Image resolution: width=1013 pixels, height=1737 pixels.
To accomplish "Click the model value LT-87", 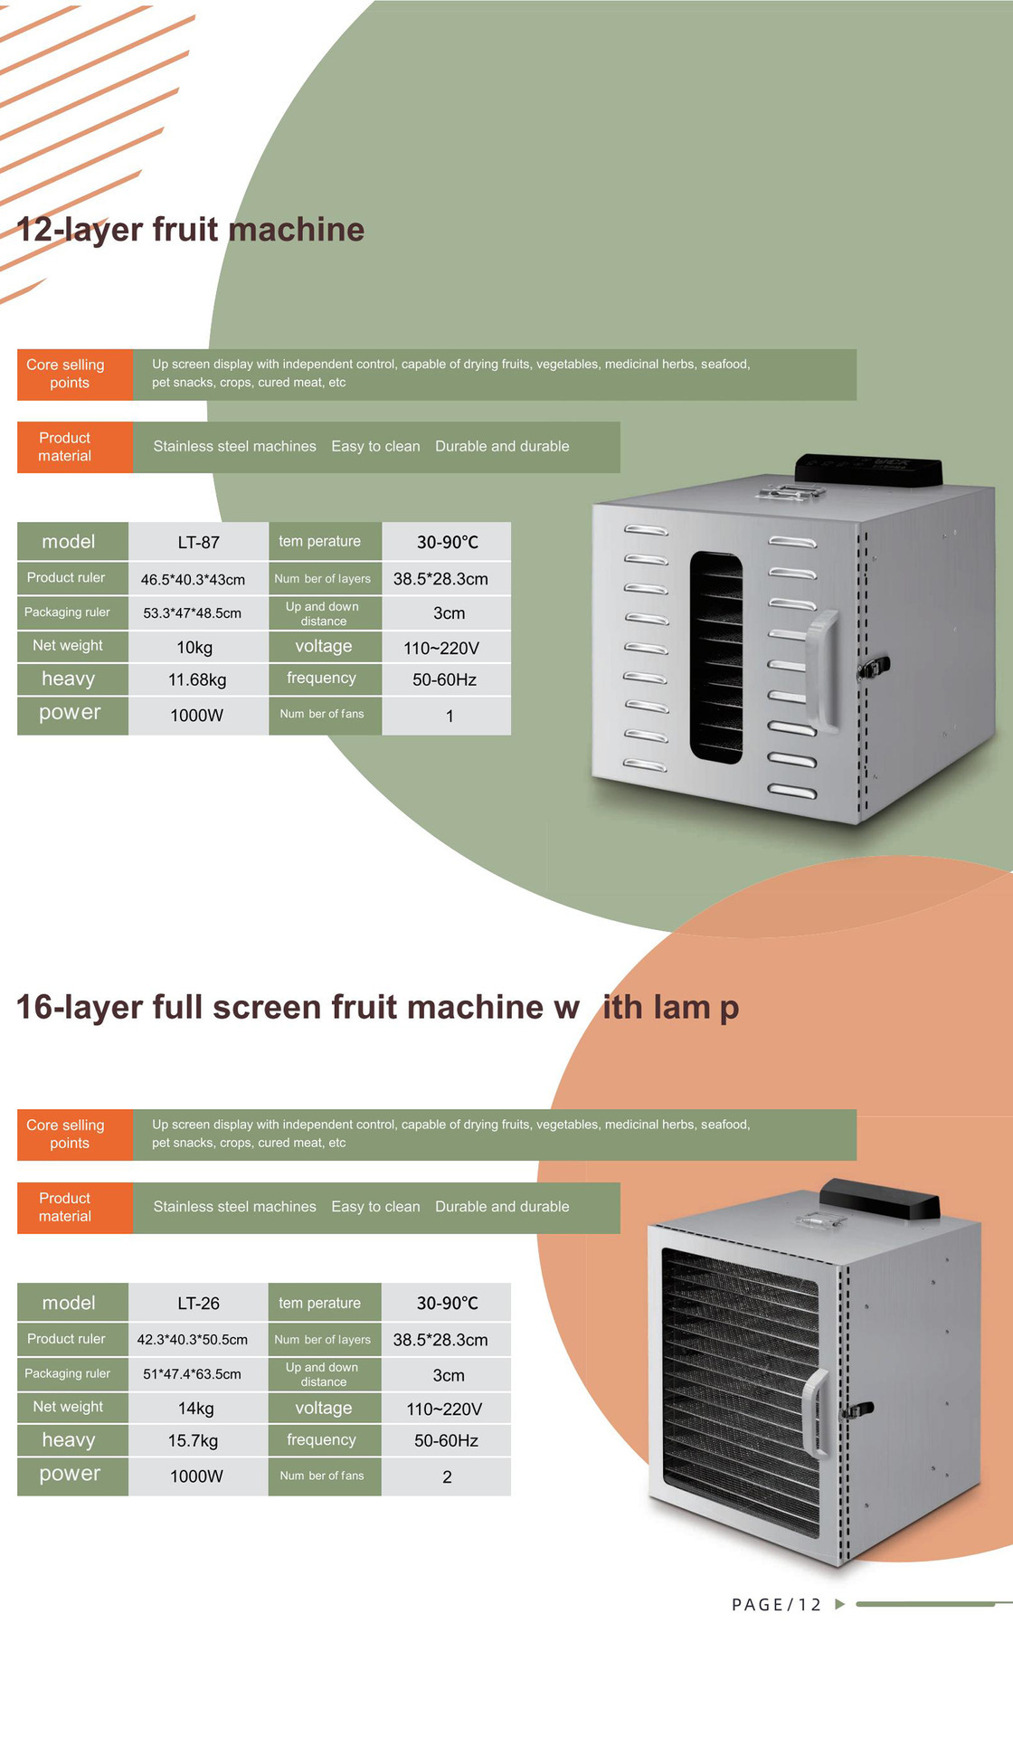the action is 198,542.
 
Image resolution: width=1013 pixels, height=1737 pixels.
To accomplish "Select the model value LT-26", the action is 198,1303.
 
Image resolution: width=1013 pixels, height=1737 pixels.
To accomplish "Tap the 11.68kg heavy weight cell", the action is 197,679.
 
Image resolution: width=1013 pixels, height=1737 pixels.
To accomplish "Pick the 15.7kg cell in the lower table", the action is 193,1440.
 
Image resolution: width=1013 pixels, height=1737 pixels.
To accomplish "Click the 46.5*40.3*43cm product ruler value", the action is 193,579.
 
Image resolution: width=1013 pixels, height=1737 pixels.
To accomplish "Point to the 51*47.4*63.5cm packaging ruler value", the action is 192,1374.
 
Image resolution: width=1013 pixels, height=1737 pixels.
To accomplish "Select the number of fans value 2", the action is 447,1476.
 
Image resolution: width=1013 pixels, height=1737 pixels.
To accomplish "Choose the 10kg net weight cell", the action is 194,647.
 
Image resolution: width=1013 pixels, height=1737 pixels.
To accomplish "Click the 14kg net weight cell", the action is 195,1408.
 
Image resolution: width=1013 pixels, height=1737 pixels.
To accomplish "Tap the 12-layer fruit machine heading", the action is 190,230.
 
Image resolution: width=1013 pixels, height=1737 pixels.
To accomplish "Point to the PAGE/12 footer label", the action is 776,1605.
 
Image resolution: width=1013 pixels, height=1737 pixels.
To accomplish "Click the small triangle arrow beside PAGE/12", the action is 839,1604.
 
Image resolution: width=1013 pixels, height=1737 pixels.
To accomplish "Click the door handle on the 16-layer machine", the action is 816,1412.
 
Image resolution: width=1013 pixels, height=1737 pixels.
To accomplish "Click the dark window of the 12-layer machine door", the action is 716,656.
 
